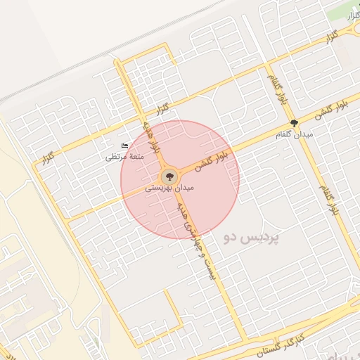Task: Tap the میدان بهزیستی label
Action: click(169, 189)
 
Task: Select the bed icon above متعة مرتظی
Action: click(125, 146)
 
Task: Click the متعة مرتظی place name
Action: click(124, 156)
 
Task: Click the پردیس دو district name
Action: click(251, 238)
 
